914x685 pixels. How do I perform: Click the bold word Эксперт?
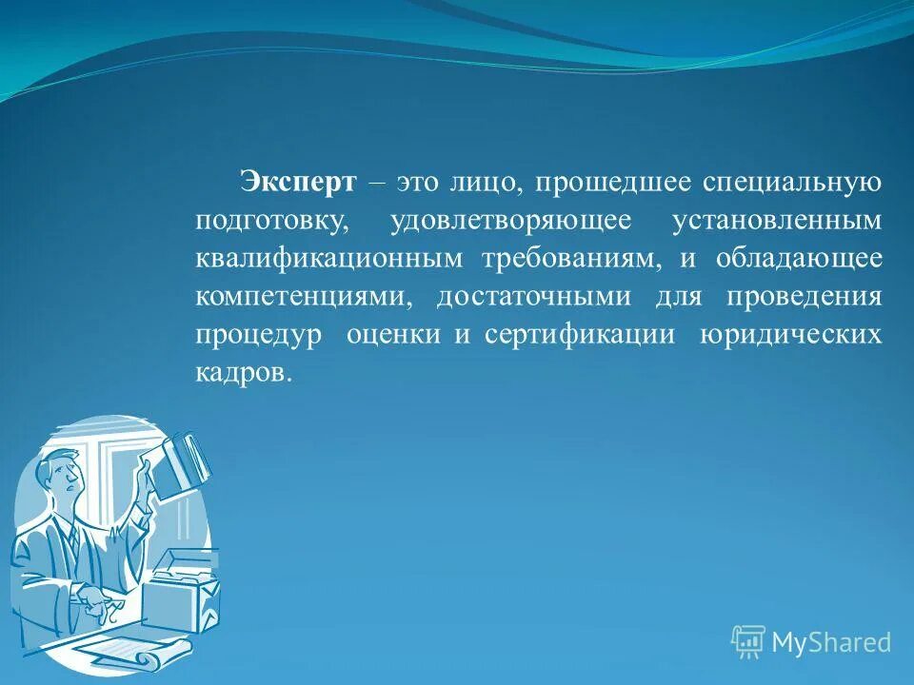(x=298, y=181)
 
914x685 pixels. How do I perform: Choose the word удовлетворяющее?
(x=510, y=221)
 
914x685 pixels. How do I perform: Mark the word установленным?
(x=777, y=221)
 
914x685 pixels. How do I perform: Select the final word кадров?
(x=243, y=372)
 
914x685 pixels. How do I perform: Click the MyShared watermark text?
(x=830, y=642)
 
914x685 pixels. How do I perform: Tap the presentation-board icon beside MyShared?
(x=748, y=641)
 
